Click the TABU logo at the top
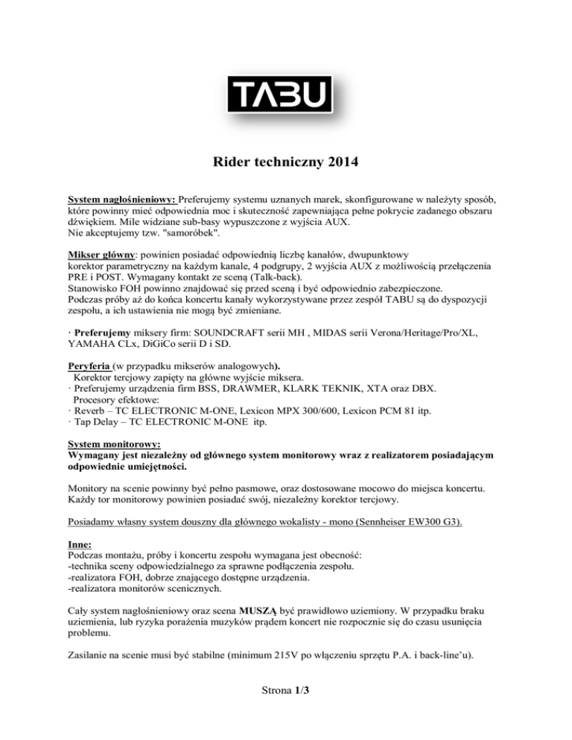(x=285, y=97)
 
